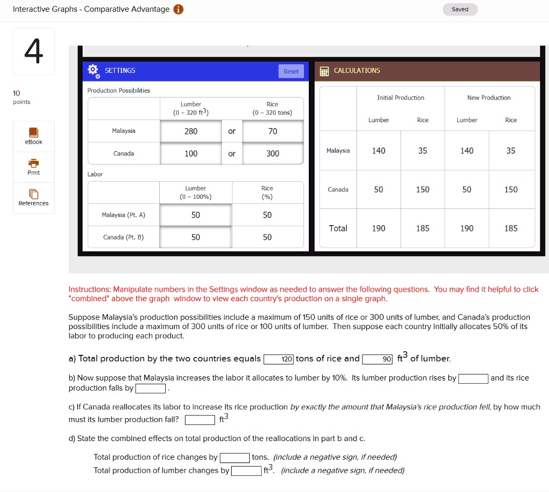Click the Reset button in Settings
pyautogui.click(x=291, y=71)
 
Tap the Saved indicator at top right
pyautogui.click(x=460, y=9)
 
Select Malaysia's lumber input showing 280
pyautogui.click(x=191, y=131)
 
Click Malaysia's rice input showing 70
pyautogui.click(x=272, y=131)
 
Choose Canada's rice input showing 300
pyautogui.click(x=272, y=154)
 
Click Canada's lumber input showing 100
pyautogui.click(x=191, y=154)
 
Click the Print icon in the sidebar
pyautogui.click(x=33, y=163)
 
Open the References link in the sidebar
pyautogui.click(x=33, y=203)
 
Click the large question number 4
pyautogui.click(x=33, y=51)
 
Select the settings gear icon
pyautogui.click(x=93, y=71)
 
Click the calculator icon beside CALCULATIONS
pyautogui.click(x=324, y=71)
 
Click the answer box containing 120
pyautogui.click(x=279, y=359)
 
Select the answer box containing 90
pyautogui.click(x=377, y=359)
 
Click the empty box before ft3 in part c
pyautogui.click(x=200, y=420)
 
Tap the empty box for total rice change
pyautogui.click(x=234, y=458)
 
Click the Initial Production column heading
pyautogui.click(x=400, y=98)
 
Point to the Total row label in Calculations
pyautogui.click(x=338, y=228)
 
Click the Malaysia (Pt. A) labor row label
pyautogui.click(x=123, y=215)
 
